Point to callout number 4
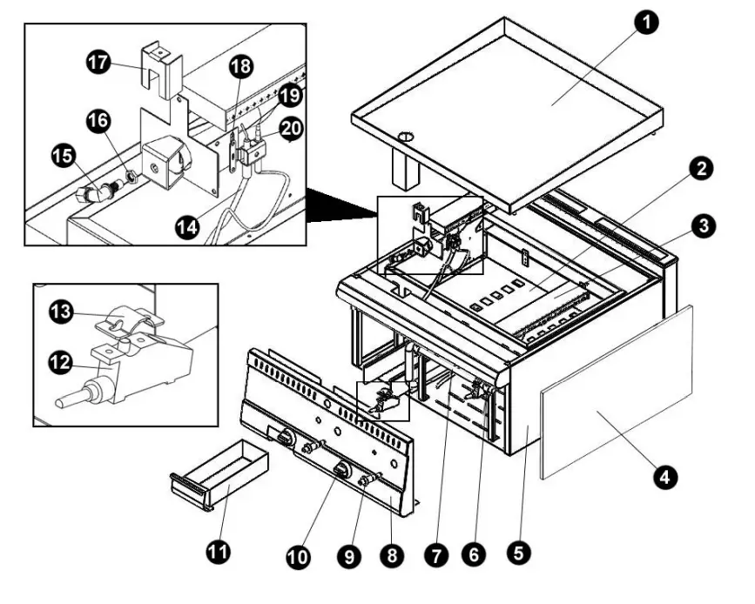tap(664, 476)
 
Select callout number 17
tap(98, 62)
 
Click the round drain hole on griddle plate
tap(404, 137)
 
